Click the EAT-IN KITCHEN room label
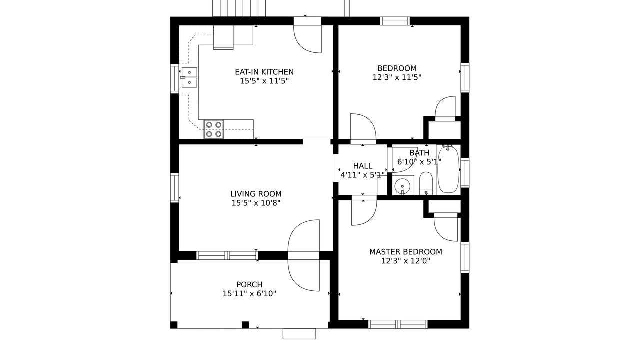point(264,72)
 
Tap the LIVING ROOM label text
point(256,194)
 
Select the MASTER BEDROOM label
point(405,252)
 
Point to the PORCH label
point(249,285)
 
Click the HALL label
point(362,166)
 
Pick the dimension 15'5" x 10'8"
point(256,203)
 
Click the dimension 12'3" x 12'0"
point(405,261)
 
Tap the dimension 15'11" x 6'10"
point(249,293)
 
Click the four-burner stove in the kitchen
point(213,129)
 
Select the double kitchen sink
point(189,77)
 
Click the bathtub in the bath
point(448,169)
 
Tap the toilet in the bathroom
point(426,183)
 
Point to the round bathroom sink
point(402,186)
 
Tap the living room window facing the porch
point(227,255)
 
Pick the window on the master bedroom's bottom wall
point(398,324)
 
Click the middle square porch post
point(245,325)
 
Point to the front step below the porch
point(299,334)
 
